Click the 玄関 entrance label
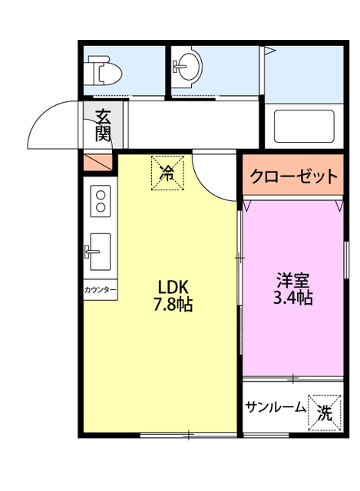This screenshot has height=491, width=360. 103,126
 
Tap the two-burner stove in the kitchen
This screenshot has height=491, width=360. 101,202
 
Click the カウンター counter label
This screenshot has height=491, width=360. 101,291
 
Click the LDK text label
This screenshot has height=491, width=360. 174,286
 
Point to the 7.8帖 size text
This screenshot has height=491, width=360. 174,304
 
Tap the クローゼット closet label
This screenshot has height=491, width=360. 292,176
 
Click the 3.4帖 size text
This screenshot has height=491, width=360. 293,298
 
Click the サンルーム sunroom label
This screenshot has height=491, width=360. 276,408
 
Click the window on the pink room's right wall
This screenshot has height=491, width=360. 346,265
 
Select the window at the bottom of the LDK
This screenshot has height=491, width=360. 188,436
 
